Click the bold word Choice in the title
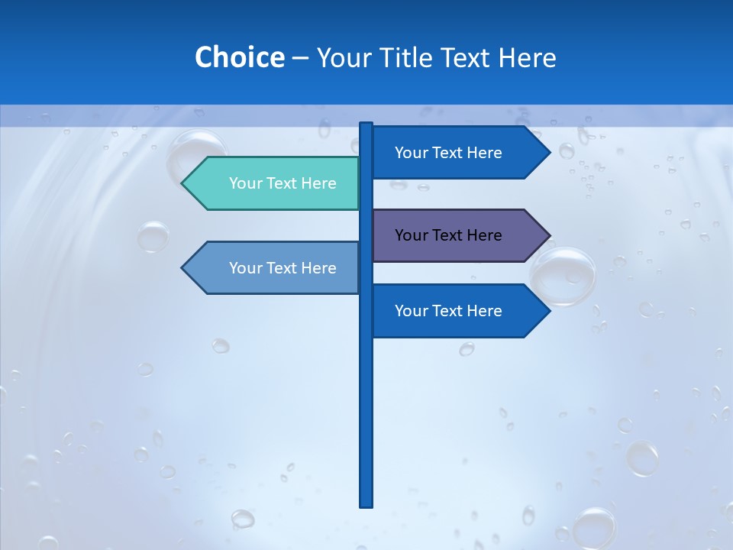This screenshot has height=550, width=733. pos(239,57)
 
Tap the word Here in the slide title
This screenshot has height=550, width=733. pos(526,57)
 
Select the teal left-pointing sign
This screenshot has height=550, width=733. pos(275,183)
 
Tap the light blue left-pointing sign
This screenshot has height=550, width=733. pos(275,267)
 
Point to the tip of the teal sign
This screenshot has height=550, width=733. pos(183,183)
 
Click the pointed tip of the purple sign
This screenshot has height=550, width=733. pos(548,235)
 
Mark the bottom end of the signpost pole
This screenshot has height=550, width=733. pos(366,505)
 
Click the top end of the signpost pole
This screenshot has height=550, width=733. pos(366,125)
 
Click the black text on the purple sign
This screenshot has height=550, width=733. pos(448,235)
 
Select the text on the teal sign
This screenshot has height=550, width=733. pos(283,183)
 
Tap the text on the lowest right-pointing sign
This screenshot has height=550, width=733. pos(448,311)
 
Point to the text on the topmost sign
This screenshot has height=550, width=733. pos(448,153)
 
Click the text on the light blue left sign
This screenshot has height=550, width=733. pos(283,268)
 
